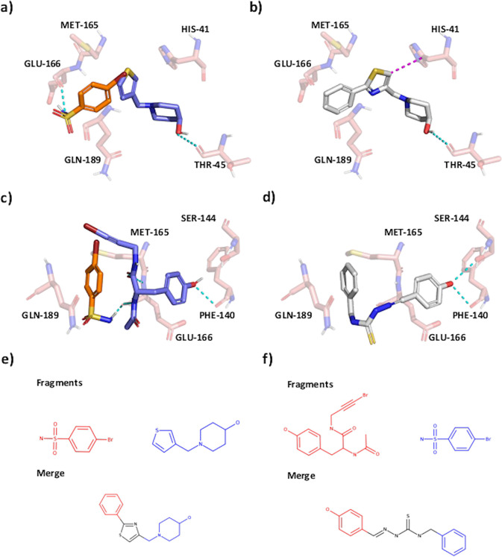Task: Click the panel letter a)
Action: (10, 8)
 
